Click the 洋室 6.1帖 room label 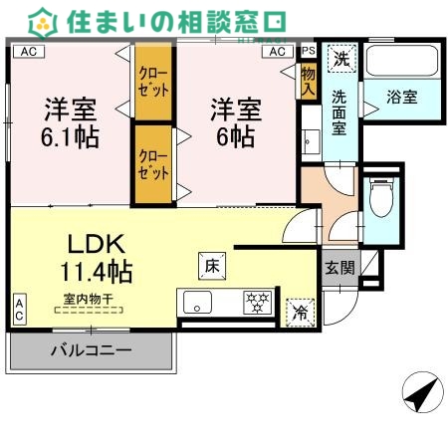71,122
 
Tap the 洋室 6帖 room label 235,121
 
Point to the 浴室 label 402,98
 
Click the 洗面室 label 339,112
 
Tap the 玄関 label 337,267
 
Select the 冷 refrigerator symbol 300,311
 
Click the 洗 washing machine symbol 340,59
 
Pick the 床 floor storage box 212,266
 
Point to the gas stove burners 256,301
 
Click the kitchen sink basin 193,301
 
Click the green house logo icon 44,19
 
